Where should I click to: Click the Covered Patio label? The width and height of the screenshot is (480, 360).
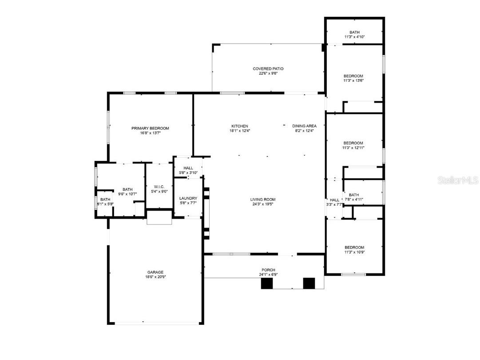point(268,69)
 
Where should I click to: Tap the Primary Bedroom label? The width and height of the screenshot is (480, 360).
point(150,128)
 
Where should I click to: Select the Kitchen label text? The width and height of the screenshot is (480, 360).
point(239,126)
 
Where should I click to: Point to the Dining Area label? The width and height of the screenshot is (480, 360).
point(304,126)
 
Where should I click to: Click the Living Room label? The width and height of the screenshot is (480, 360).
point(263,200)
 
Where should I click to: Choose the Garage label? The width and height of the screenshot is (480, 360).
point(155,272)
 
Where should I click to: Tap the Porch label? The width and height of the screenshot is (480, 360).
point(268,270)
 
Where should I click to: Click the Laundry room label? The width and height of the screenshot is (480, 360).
point(188,198)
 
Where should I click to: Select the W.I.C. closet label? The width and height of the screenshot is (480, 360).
point(159,187)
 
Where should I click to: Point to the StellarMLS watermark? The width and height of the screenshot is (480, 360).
point(458,180)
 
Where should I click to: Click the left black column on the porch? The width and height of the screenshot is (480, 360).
point(266,284)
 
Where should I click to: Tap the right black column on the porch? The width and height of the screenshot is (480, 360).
point(309,284)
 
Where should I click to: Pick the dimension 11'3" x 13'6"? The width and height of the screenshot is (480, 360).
point(353,81)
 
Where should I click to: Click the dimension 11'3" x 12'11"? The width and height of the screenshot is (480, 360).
point(353,148)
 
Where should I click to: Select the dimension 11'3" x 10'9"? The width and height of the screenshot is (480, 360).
point(354,252)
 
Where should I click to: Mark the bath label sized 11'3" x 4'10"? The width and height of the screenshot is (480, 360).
point(354,32)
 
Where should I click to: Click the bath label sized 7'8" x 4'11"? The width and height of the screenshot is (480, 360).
point(354,195)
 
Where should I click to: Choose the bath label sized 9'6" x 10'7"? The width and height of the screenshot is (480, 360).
point(127,190)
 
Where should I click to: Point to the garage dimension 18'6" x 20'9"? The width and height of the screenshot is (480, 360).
point(155,277)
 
